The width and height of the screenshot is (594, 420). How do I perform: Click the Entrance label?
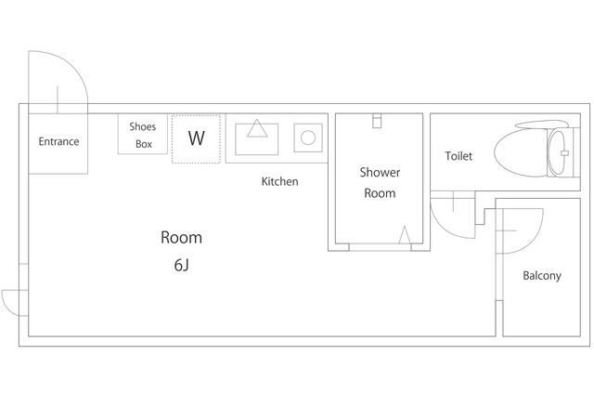tap(58, 141)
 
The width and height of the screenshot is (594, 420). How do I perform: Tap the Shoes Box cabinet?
tap(142, 134)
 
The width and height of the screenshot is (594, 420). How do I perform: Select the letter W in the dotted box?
tap(196, 138)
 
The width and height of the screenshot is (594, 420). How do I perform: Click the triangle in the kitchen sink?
tap(257, 128)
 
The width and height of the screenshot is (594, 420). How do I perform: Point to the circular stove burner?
tap(308, 138)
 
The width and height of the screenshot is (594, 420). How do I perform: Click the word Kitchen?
tap(280, 181)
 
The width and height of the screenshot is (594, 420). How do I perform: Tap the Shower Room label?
tap(380, 182)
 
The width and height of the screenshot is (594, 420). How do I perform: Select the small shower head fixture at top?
tap(377, 121)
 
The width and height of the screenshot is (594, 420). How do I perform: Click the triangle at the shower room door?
tap(405, 235)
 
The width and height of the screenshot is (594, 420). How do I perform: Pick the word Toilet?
tap(458, 156)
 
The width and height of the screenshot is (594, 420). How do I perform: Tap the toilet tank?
tap(563, 152)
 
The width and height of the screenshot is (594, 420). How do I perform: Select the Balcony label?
tap(542, 275)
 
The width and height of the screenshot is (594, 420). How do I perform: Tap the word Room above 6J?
tap(181, 238)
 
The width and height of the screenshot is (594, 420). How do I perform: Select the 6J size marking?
tap(182, 265)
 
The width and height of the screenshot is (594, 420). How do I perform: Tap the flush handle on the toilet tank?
tap(564, 153)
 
